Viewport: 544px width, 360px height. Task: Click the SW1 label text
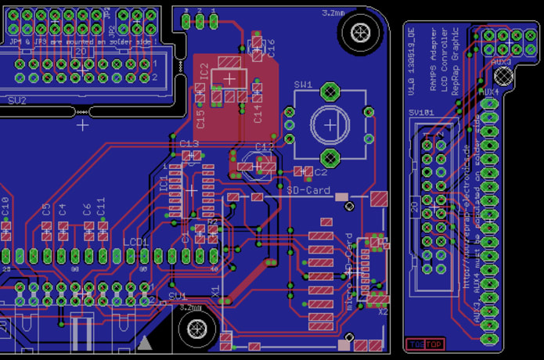(x=303, y=85)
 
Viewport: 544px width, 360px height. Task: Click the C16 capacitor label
(x=271, y=49)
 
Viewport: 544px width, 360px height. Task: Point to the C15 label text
(x=200, y=118)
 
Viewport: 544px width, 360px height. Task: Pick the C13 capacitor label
(x=189, y=144)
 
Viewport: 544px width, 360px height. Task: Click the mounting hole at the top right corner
(x=361, y=32)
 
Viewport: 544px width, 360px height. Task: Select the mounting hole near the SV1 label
(x=193, y=329)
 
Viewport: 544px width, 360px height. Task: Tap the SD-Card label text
(x=308, y=190)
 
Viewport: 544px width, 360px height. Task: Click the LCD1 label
(x=135, y=242)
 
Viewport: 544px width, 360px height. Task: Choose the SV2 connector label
(x=16, y=100)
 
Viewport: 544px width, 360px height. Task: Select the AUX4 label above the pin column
(x=488, y=91)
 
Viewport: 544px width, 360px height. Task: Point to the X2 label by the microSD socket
(x=382, y=311)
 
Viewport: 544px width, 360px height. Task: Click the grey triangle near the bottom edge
(x=146, y=342)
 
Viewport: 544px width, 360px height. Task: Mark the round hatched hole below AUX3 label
(x=501, y=76)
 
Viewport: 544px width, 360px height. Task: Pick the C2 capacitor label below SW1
(x=320, y=171)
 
